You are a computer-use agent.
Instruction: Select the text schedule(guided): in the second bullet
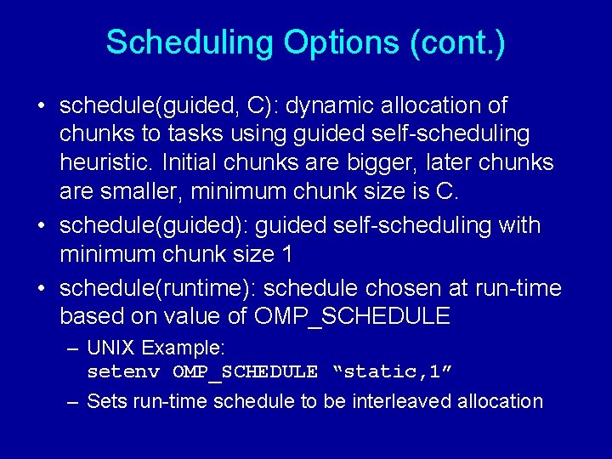(154, 225)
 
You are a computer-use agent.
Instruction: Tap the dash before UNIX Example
(74, 348)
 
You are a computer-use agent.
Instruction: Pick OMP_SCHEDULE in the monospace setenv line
(245, 372)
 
